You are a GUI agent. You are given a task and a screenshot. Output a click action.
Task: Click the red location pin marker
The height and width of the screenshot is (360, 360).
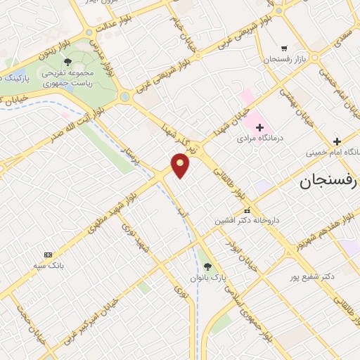coord(181,165)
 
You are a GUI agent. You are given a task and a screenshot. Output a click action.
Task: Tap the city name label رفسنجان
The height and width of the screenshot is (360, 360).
coord(328,182)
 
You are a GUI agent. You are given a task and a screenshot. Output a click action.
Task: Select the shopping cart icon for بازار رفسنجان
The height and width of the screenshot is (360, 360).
coord(283,49)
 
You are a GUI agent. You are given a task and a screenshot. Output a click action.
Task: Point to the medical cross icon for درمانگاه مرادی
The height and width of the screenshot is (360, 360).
coord(260,127)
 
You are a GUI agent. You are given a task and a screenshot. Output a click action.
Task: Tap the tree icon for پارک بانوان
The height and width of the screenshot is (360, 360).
coord(207,266)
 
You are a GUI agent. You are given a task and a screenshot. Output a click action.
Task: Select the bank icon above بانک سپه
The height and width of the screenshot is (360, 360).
coord(48,255)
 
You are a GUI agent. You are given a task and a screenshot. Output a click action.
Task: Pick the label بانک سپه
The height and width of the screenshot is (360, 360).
coord(48,266)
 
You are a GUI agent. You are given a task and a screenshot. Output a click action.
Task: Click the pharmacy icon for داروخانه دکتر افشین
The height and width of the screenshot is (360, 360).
coord(246,210)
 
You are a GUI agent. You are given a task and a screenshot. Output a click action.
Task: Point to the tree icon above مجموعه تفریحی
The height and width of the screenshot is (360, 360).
coord(68,62)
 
